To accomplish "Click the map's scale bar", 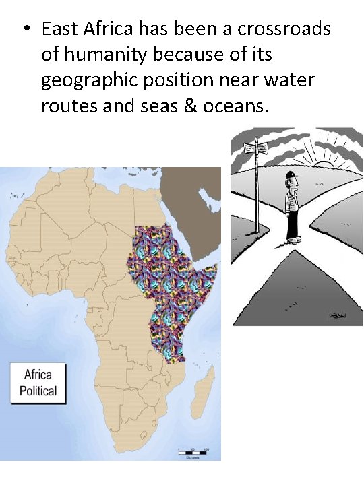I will pos(192,450).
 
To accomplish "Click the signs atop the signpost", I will pos(257,148).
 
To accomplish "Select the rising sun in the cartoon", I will pos(326,163).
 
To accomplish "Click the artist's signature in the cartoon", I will pos(336,314).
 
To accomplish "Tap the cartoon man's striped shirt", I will pos(292,199).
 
